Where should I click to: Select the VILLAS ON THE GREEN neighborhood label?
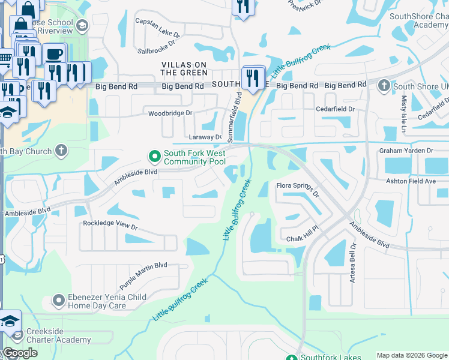coord(184,68)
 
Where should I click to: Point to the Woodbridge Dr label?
coord(170,113)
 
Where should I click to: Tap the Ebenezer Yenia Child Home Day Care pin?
coord(58,299)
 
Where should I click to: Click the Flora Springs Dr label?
coord(297,188)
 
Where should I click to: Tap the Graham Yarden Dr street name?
coord(406,151)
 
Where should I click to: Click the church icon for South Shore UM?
coord(384,86)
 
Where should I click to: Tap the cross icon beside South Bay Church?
coord(61,151)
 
